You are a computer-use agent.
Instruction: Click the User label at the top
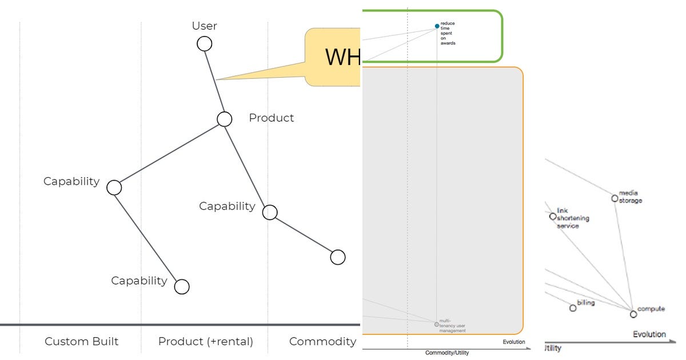[x=204, y=26]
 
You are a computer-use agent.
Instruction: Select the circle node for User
[x=204, y=43]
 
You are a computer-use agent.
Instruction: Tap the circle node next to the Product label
[x=224, y=119]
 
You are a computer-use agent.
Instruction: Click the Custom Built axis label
[x=82, y=342]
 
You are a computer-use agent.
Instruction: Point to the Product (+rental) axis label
[x=206, y=342]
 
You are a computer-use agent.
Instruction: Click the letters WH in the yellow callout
[x=342, y=57]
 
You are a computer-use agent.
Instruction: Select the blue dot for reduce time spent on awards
[x=437, y=26]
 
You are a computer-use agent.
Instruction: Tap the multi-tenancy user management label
[x=452, y=326]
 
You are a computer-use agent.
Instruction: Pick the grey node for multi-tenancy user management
[x=437, y=324]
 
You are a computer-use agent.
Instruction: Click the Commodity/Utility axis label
[x=447, y=353]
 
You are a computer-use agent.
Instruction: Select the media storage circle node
[x=615, y=198]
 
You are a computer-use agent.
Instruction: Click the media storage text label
[x=630, y=197]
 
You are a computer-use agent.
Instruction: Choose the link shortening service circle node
[x=553, y=217]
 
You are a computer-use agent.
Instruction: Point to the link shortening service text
[x=572, y=218]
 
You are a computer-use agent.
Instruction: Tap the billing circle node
[x=573, y=308]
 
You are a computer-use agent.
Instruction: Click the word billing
[x=585, y=303]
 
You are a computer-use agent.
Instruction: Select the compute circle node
[x=633, y=314]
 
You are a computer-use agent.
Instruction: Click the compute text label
[x=651, y=309]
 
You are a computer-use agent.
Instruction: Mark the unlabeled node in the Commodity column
[x=338, y=257]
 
